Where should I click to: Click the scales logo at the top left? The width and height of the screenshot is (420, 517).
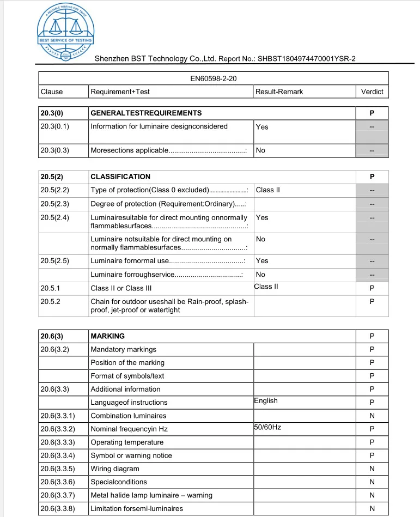65,31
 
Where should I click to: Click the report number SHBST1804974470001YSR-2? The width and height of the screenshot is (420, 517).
307,59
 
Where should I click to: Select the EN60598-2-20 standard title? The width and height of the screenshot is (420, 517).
213,78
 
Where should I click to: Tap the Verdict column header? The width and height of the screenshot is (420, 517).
372,92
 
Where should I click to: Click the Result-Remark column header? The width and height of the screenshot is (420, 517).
279,92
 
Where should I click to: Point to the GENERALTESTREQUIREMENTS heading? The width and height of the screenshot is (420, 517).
146,113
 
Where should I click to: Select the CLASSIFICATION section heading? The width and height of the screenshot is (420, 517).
120,177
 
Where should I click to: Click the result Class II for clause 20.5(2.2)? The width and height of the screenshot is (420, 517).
267,190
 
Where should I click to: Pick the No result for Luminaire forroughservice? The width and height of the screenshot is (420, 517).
260,275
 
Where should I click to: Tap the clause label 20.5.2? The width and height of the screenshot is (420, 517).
50,301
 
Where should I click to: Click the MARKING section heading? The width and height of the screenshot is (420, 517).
107,336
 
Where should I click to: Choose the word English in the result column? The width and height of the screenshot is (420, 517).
266,401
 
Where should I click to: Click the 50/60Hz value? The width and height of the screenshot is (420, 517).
267,428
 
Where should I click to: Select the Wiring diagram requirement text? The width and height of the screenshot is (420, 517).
115,469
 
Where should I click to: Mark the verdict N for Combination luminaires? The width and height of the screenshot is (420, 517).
372,416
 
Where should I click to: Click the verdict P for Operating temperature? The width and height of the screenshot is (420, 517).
372,442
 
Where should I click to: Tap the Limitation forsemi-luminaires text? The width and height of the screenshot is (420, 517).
137,509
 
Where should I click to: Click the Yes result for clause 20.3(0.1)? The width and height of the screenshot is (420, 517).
262,127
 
